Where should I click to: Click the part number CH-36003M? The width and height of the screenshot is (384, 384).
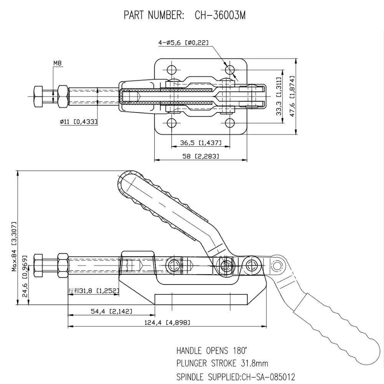(x=220, y=15)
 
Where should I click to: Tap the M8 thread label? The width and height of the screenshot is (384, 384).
(x=58, y=63)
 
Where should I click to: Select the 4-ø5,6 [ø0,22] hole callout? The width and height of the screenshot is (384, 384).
(x=183, y=43)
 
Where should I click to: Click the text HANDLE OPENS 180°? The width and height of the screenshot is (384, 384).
(x=212, y=351)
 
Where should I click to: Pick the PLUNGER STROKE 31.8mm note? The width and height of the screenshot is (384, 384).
(x=222, y=363)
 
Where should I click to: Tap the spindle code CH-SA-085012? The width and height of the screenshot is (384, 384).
(x=269, y=376)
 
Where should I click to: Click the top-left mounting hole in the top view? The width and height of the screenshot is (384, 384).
(x=171, y=70)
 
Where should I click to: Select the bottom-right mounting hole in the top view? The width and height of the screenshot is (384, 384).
(x=230, y=123)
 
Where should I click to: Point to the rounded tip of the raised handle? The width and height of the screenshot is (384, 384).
(x=126, y=180)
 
